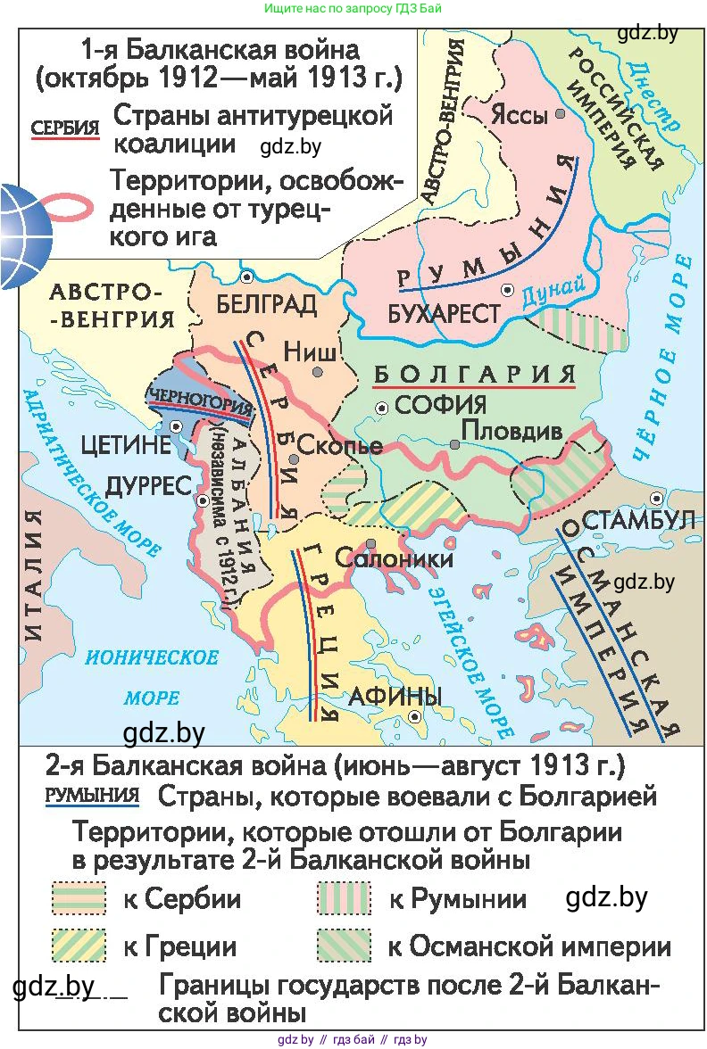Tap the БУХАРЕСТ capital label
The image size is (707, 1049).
pyautogui.click(x=444, y=314)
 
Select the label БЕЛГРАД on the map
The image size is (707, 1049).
pyautogui.click(x=266, y=305)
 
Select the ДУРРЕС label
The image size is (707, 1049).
pyautogui.click(x=149, y=485)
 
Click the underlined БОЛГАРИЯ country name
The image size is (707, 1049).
pyautogui.click(x=474, y=375)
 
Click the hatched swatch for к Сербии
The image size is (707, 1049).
pyautogui.click(x=79, y=899)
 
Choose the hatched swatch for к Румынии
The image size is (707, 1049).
pyautogui.click(x=343, y=899)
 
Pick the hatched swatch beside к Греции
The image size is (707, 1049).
pyautogui.click(x=79, y=945)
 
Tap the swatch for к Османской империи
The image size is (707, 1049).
pyautogui.click(x=343, y=945)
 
